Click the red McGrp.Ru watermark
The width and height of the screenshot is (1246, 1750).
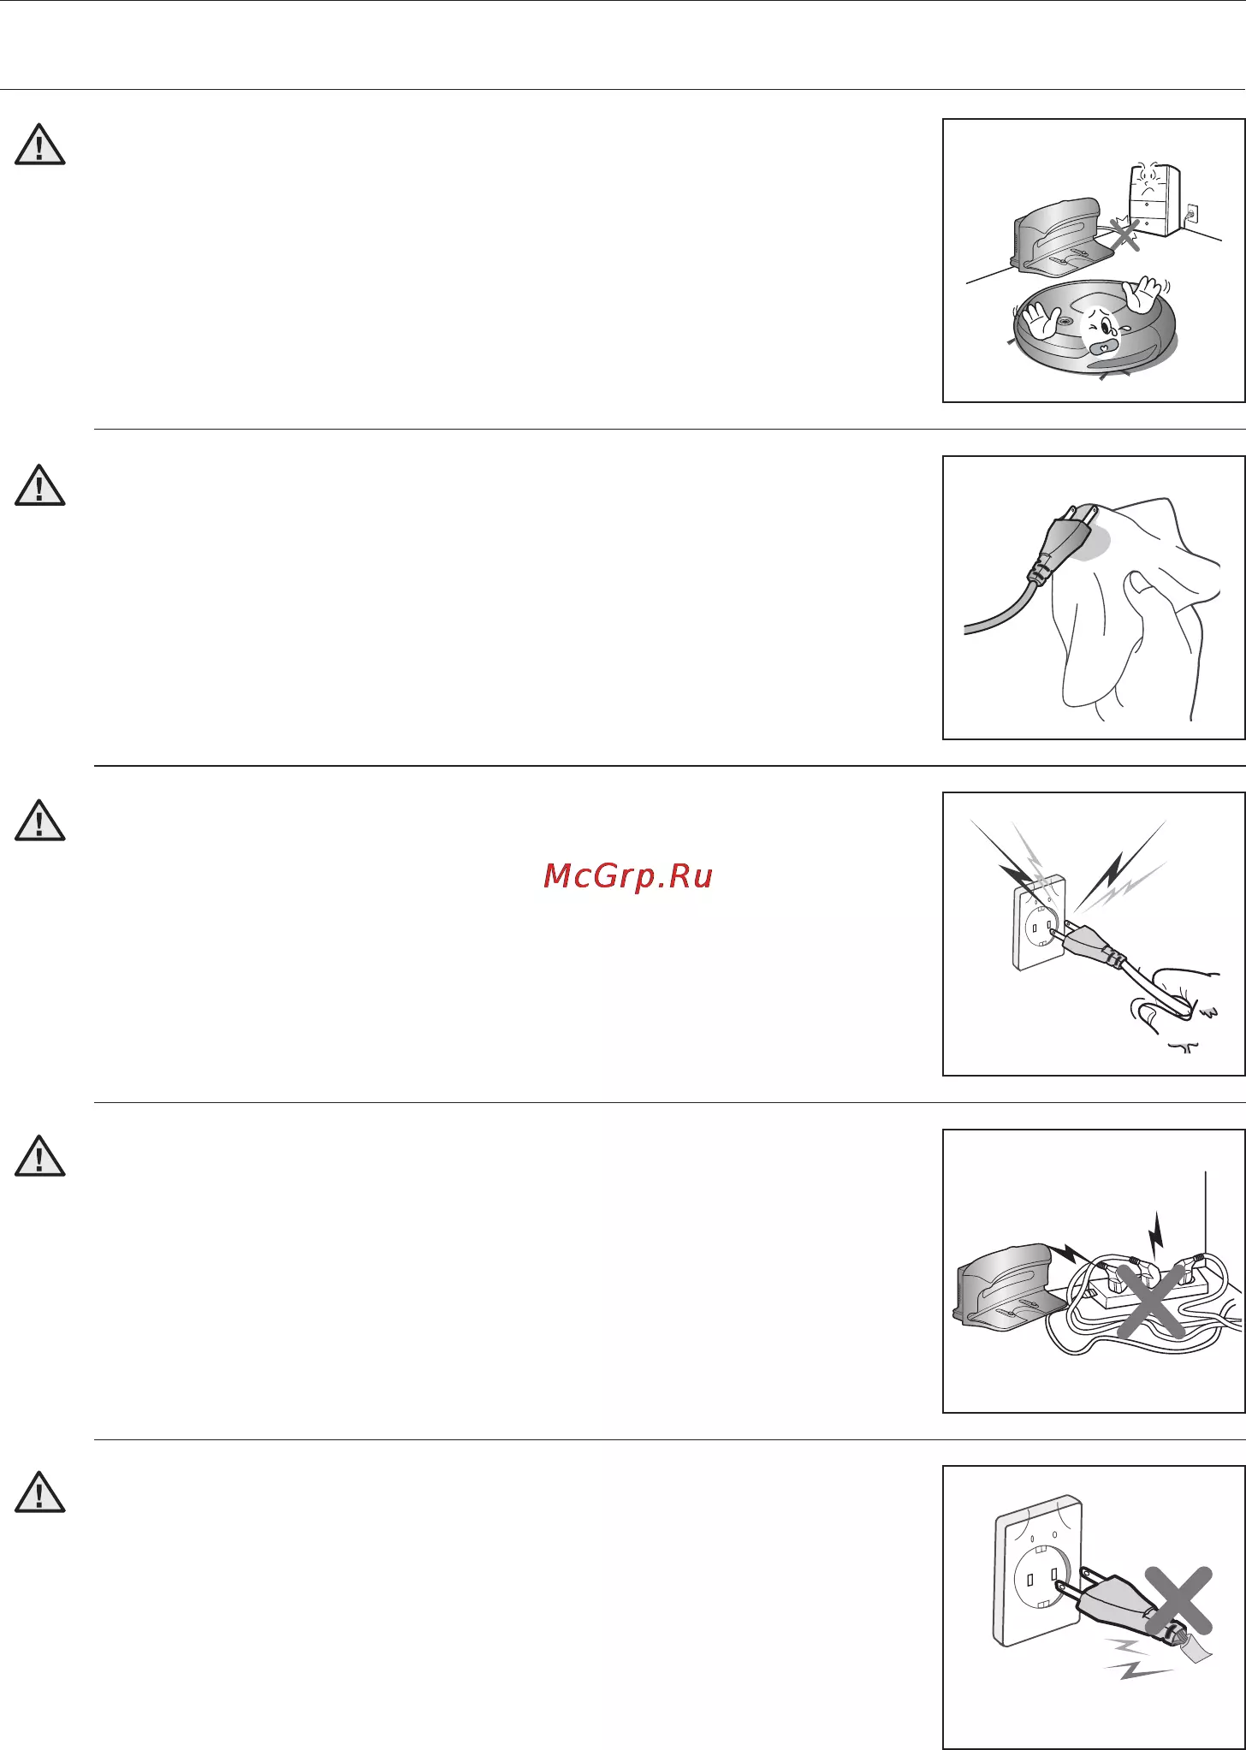(628, 877)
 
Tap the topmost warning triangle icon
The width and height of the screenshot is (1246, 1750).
(40, 145)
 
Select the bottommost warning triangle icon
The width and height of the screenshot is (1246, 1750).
(40, 1492)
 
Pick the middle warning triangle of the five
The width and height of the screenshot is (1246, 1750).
(40, 820)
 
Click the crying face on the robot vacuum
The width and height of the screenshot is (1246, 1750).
(1099, 331)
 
